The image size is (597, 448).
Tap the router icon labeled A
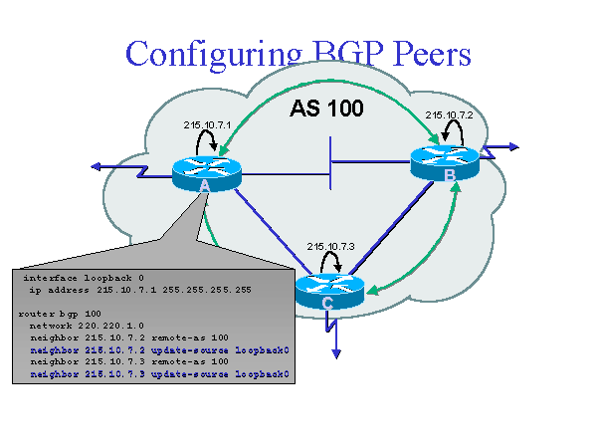206,172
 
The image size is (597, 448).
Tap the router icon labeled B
447,161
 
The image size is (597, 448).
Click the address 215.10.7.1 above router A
207,124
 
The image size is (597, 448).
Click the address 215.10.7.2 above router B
448,114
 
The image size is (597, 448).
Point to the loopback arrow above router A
208,142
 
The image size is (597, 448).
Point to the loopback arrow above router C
332,262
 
